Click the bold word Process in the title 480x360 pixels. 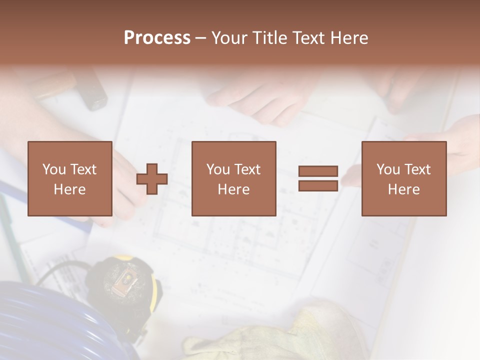click(x=157, y=38)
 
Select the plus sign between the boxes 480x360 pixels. click(x=152, y=179)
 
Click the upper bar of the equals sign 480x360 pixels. click(x=318, y=171)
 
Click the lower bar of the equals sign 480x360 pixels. click(x=318, y=186)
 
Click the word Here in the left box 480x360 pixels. click(x=69, y=189)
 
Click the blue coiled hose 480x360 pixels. click(x=45, y=320)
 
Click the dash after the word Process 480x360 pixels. click(x=200, y=38)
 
